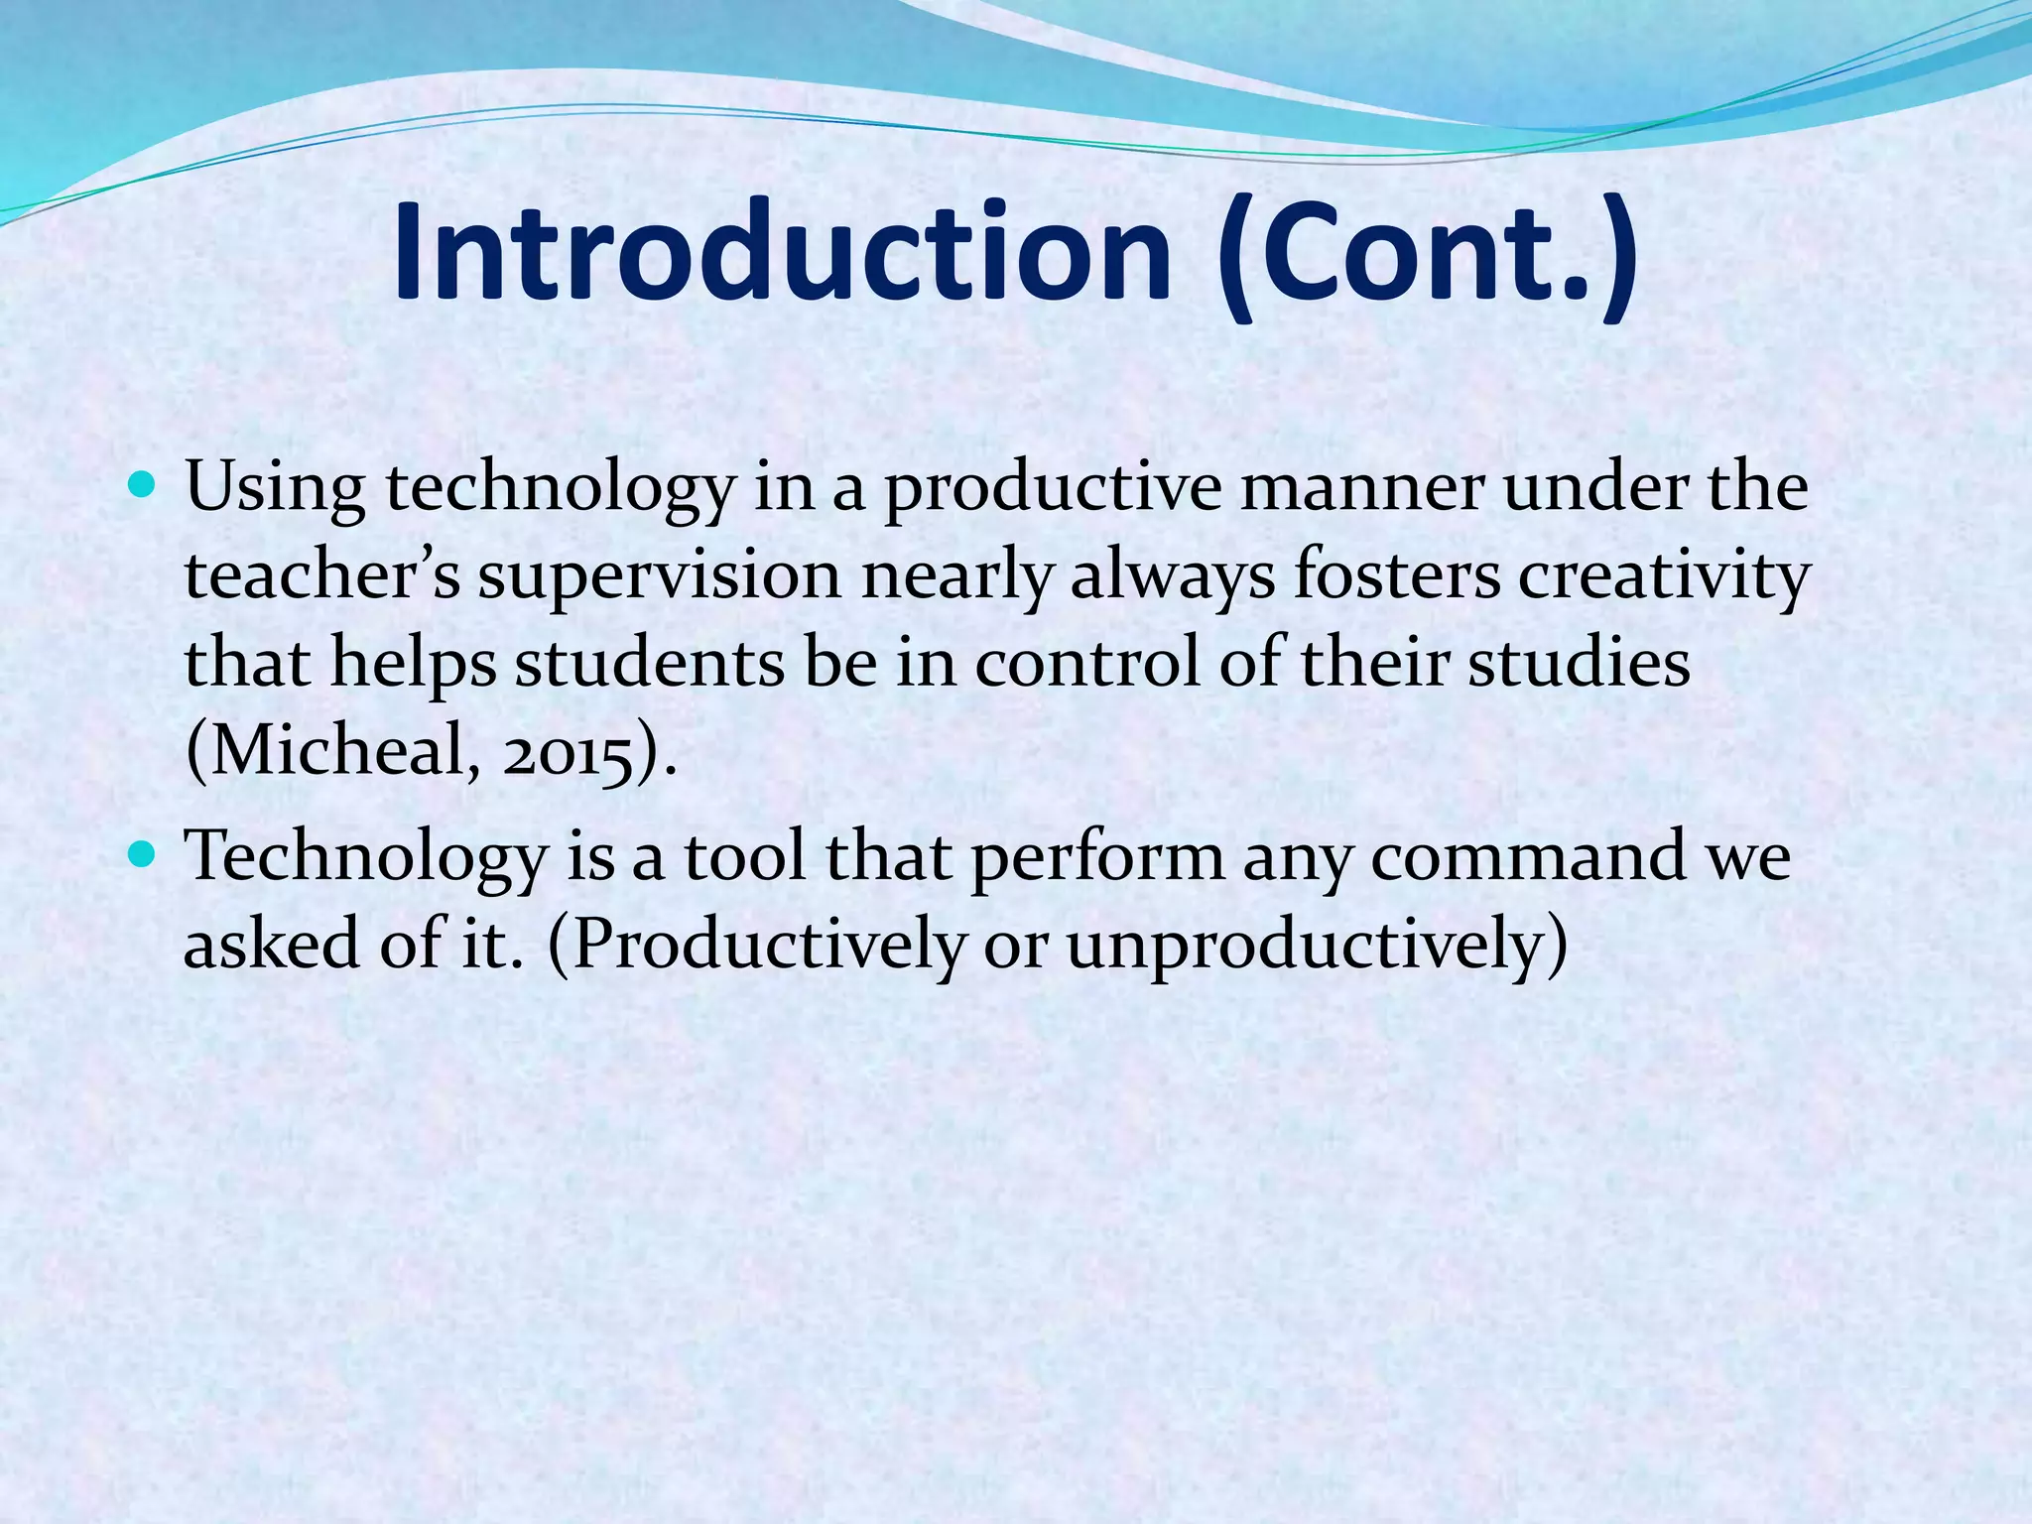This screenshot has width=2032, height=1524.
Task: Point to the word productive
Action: pos(1052,490)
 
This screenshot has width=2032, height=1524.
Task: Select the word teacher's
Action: pos(322,577)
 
